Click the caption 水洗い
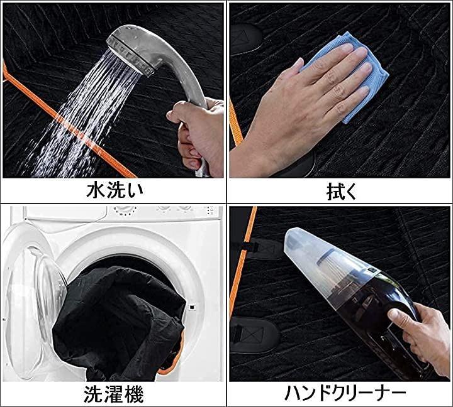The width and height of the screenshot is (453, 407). click(115, 191)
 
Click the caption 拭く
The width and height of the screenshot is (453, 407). click(342, 192)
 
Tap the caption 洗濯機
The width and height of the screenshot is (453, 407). click(113, 394)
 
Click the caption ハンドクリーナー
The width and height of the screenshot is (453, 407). click(345, 393)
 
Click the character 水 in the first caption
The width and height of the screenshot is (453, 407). click(96, 191)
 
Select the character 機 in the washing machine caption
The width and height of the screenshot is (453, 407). click(134, 394)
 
